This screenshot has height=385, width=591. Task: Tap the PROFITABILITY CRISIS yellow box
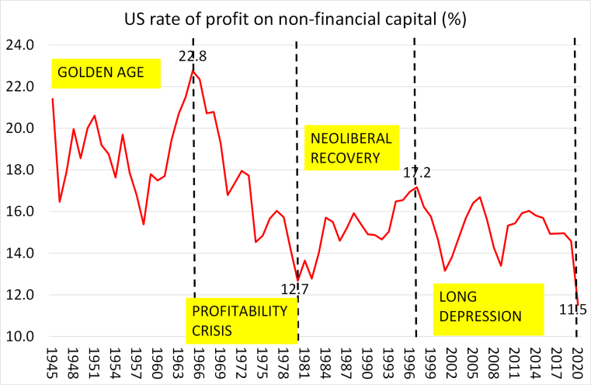(242, 320)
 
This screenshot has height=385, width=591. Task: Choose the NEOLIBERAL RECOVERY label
(350, 148)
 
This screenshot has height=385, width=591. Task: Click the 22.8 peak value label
(194, 57)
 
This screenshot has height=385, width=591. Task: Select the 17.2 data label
(415, 173)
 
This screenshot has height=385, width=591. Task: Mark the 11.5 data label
(573, 310)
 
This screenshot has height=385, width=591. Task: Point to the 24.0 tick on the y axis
(21, 45)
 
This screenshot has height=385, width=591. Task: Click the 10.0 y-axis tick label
(21, 337)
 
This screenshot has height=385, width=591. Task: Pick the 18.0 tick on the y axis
(21, 170)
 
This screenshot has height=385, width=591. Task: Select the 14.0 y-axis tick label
(21, 254)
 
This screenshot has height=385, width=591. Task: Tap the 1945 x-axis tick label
(53, 362)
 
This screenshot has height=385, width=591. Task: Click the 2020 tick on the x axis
(576, 362)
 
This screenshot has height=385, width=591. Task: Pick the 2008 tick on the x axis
(492, 362)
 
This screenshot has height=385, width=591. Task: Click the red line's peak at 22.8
(193, 71)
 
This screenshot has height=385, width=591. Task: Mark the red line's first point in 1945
(53, 99)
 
